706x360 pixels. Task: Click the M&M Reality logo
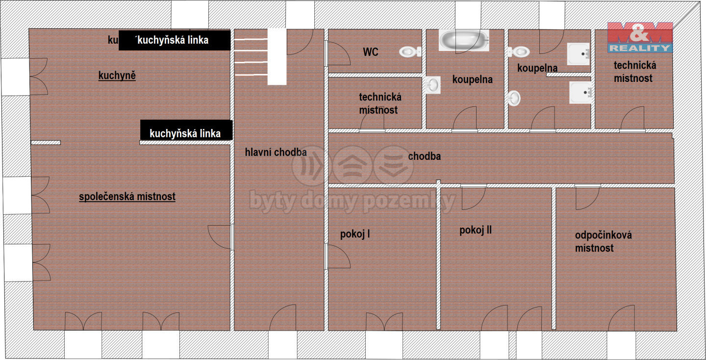click(x=640, y=37)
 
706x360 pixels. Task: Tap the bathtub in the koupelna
click(x=464, y=40)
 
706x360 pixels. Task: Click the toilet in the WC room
click(x=410, y=51)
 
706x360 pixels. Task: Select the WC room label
click(x=370, y=52)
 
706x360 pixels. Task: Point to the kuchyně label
click(x=117, y=76)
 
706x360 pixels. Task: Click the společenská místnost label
click(x=127, y=197)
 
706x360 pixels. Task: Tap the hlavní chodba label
click(x=276, y=152)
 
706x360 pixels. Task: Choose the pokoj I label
click(x=354, y=234)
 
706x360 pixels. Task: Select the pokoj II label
click(x=475, y=230)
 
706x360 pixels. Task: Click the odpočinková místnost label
click(x=603, y=241)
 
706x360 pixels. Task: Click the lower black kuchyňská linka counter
click(x=186, y=130)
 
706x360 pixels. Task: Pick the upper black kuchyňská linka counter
click(x=175, y=40)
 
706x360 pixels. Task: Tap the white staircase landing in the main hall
click(x=277, y=57)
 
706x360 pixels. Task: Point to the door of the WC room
click(x=337, y=53)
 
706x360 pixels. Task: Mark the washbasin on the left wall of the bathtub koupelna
click(x=433, y=85)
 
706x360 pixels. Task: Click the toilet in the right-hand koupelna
click(x=519, y=51)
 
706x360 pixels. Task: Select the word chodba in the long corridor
click(x=424, y=156)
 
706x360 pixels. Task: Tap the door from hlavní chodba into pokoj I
click(x=337, y=257)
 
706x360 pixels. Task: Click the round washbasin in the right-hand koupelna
click(x=514, y=98)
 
